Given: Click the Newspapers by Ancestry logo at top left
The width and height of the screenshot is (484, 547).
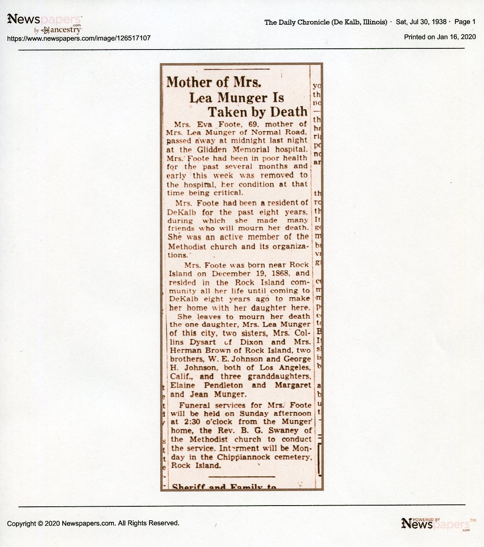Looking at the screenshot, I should pyautogui.click(x=45, y=23).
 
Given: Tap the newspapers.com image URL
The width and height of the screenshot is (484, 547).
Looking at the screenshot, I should pyautogui.click(x=79, y=38).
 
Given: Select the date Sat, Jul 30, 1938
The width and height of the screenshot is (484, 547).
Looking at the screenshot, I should pyautogui.click(x=421, y=22).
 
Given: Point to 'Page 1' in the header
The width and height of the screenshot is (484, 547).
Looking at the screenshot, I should pyautogui.click(x=465, y=22).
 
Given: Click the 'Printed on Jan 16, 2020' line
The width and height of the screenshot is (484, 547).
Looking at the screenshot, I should pyautogui.click(x=440, y=37).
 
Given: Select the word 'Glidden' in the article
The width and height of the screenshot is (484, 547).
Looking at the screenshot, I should pyautogui.click(x=212, y=149).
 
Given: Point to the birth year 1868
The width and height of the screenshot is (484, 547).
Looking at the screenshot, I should pyautogui.click(x=281, y=273).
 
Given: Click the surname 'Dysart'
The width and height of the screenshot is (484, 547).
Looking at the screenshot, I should pyautogui.click(x=203, y=342).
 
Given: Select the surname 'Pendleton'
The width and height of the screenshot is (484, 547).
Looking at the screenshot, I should pyautogui.click(x=223, y=385).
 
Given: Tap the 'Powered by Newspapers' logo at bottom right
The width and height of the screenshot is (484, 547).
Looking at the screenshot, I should pyautogui.click(x=438, y=524).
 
